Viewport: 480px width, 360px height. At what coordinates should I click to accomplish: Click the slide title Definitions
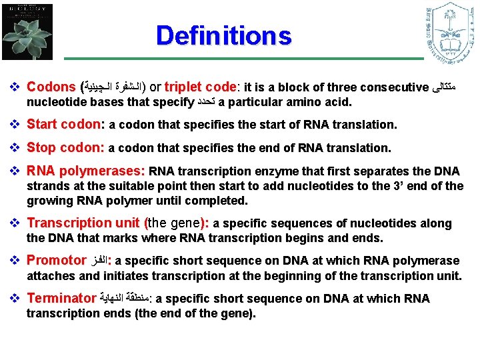click(x=223, y=35)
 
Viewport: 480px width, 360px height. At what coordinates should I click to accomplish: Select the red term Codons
click(x=51, y=87)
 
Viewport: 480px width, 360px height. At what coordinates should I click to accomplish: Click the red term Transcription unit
click(x=83, y=223)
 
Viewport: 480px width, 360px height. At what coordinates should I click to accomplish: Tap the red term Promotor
click(x=56, y=261)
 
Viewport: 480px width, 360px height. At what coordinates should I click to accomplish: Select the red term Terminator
click(x=61, y=299)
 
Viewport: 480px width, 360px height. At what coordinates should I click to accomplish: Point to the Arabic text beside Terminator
click(x=124, y=299)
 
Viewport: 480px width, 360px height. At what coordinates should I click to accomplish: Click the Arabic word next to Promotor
click(x=100, y=261)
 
